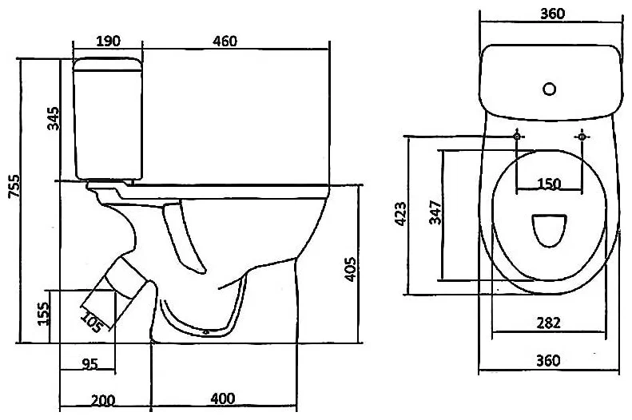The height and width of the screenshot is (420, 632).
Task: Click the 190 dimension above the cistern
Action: click(108, 41)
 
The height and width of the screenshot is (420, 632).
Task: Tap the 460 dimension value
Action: click(225, 41)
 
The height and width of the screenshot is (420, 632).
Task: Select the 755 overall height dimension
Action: click(14, 185)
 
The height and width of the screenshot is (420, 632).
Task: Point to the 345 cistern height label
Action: click(54, 118)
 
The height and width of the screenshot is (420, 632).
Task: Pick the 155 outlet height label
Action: click(43, 313)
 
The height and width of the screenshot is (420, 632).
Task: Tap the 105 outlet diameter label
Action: click(91, 322)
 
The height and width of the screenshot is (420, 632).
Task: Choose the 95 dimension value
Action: click(89, 364)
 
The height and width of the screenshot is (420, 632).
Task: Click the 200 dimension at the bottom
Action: click(103, 401)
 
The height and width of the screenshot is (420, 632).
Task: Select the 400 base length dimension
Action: click(222, 398)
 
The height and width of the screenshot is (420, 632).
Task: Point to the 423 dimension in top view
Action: click(400, 213)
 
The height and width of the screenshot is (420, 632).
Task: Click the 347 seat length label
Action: click(435, 212)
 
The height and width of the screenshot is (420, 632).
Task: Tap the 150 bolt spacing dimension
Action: click(549, 184)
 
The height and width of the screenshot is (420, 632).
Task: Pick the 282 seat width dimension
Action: click(549, 323)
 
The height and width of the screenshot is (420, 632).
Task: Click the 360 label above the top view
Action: click(552, 14)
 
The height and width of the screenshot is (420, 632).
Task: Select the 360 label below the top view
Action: click(548, 360)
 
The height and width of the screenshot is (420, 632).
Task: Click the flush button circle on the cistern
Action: click(550, 89)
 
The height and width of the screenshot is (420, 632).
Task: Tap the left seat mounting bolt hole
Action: click(517, 137)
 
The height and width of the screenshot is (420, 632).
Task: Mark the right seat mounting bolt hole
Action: click(582, 137)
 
